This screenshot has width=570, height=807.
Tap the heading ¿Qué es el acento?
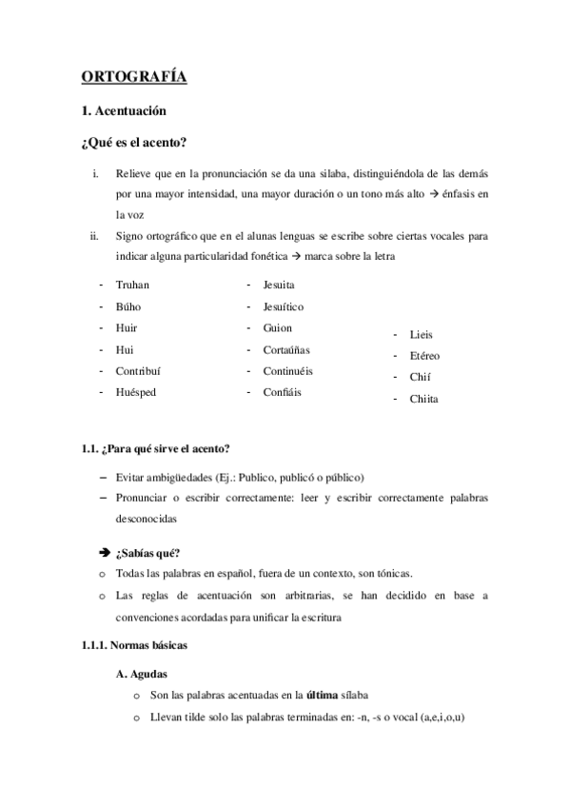133,144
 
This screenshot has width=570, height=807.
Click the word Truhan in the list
132,285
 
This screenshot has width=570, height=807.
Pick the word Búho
128,306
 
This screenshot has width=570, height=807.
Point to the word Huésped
136,392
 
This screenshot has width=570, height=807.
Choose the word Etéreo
424,356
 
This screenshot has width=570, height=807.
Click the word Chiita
423,399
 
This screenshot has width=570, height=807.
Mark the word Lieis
421,335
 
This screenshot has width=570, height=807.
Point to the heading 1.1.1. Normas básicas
134,645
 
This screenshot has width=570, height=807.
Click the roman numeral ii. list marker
94,235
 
